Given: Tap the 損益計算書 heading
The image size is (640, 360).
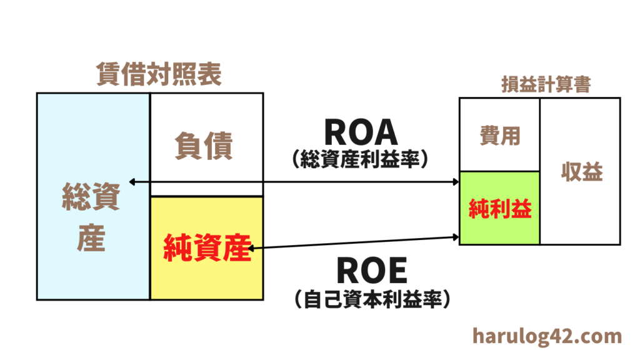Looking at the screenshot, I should tap(546, 85).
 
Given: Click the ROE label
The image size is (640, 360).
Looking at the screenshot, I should tap(371, 271).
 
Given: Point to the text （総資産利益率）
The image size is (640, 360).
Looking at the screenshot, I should tap(361, 161).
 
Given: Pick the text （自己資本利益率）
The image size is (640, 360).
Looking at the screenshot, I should tap(371, 299).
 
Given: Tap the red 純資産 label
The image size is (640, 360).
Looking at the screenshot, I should tap(206, 249).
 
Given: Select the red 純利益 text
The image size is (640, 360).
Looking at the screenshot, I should tap(500, 209).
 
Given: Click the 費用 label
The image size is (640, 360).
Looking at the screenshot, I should tap(500, 135).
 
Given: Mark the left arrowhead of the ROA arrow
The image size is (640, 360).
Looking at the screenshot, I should tap(131, 182).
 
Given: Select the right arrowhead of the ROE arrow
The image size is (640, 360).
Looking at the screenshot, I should tap(456, 237).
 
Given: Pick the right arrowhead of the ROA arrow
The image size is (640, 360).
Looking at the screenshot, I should tap(456, 182).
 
